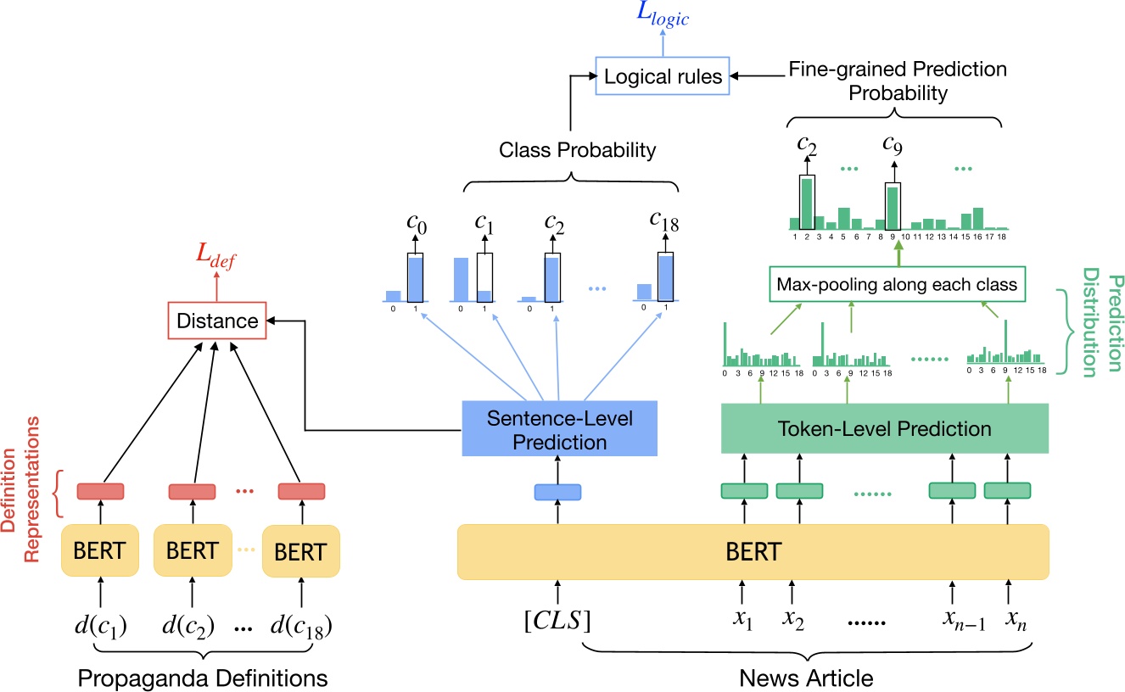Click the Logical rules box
[659, 77]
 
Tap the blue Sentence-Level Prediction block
[559, 430]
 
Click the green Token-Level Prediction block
[885, 429]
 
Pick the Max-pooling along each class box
[897, 285]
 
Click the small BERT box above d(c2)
[192, 551]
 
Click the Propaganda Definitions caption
[202, 678]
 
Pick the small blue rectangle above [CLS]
[557, 491]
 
